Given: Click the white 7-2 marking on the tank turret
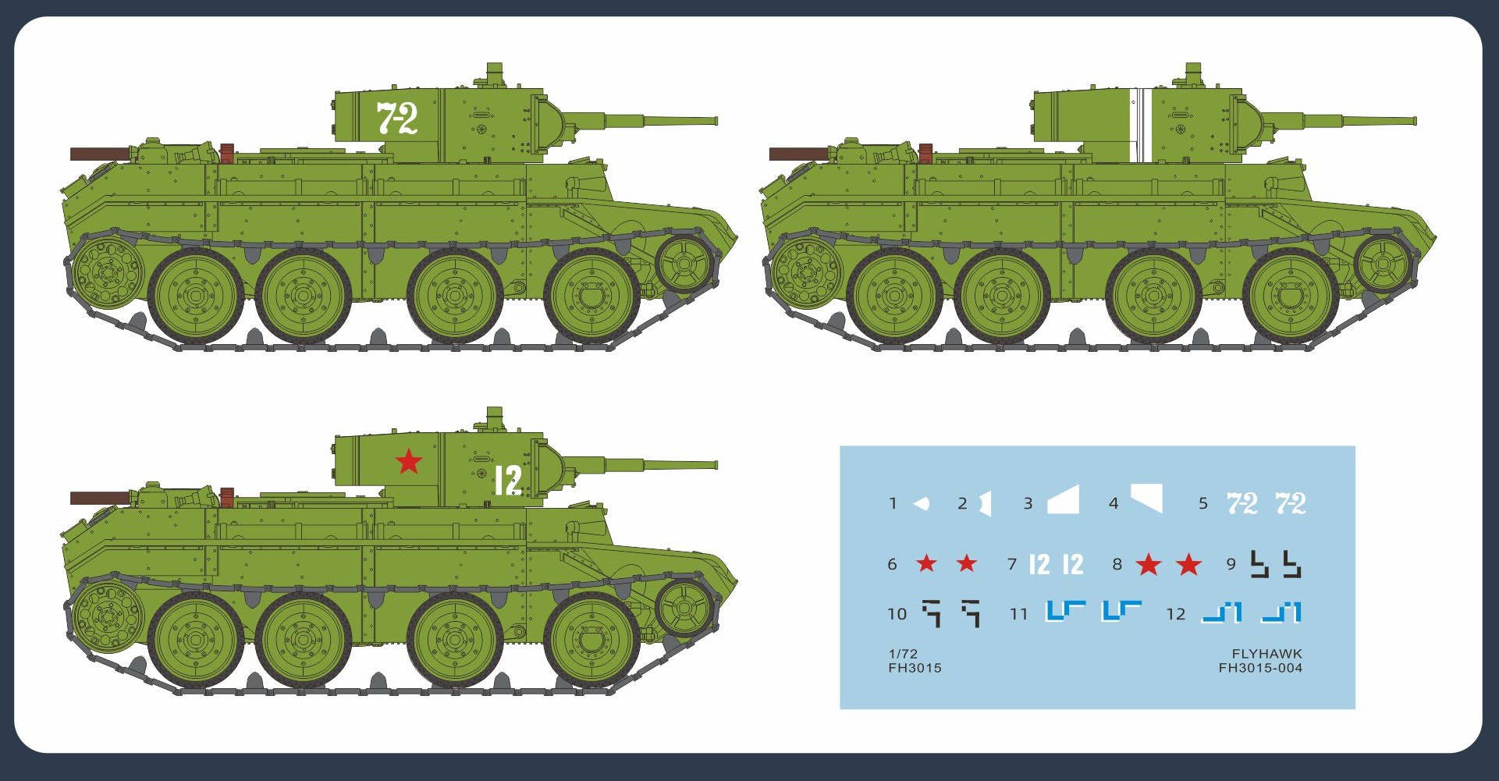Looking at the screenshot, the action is (397, 119).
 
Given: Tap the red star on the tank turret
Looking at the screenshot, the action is (409, 461).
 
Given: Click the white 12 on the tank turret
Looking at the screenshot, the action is (508, 481).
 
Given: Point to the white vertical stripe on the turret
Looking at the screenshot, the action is (1140, 125).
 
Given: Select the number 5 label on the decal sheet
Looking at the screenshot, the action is (1203, 504).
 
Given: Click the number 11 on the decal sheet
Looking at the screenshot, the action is (1019, 615).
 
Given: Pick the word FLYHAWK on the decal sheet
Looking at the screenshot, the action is (1266, 654).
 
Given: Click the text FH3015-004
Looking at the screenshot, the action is (1260, 668).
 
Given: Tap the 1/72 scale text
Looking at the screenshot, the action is (903, 654).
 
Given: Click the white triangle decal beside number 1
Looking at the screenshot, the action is (922, 503).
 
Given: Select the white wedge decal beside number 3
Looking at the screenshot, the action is (1064, 500).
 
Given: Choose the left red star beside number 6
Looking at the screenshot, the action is (926, 563).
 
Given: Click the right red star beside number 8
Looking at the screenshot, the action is (1188, 564).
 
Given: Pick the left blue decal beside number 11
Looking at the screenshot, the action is (1064, 611).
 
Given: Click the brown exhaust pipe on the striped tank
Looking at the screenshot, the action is (799, 154).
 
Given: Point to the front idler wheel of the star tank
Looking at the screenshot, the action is (684, 608).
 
